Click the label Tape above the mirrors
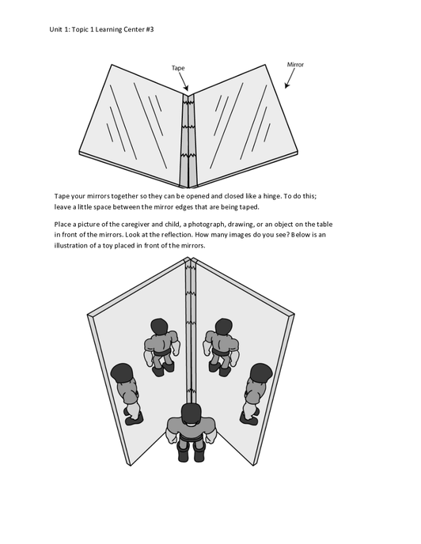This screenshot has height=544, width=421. [x=178, y=68]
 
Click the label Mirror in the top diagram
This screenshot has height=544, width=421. [x=295, y=65]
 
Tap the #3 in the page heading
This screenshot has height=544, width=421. [x=150, y=29]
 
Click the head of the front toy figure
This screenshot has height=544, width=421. [x=191, y=414]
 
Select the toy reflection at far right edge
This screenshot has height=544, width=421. [x=256, y=394]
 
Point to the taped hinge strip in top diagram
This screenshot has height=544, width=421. [x=188, y=141]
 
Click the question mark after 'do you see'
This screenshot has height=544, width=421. [x=287, y=235]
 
